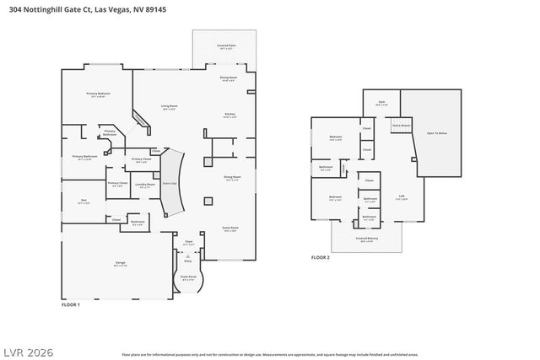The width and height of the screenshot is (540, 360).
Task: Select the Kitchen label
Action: pos(229,114)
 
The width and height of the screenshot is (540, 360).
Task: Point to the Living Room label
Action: pos(170,106)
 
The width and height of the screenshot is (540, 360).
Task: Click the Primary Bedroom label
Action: pos(98,94)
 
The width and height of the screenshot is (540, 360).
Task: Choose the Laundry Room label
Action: pos(144,185)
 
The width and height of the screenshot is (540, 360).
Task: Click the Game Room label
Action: pos(230,228)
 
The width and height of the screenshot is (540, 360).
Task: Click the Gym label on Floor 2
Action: pos(381,102)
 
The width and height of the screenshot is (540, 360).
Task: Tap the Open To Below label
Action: pos(436,133)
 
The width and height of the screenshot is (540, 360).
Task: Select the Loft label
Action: pos(402,196)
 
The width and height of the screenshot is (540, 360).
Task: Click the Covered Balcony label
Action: pos(366,239)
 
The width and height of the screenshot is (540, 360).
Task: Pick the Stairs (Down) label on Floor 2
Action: pos(402,125)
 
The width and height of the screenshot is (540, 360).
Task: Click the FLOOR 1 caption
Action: pos(71,304)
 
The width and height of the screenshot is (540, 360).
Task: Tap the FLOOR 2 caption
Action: pos(320,257)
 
